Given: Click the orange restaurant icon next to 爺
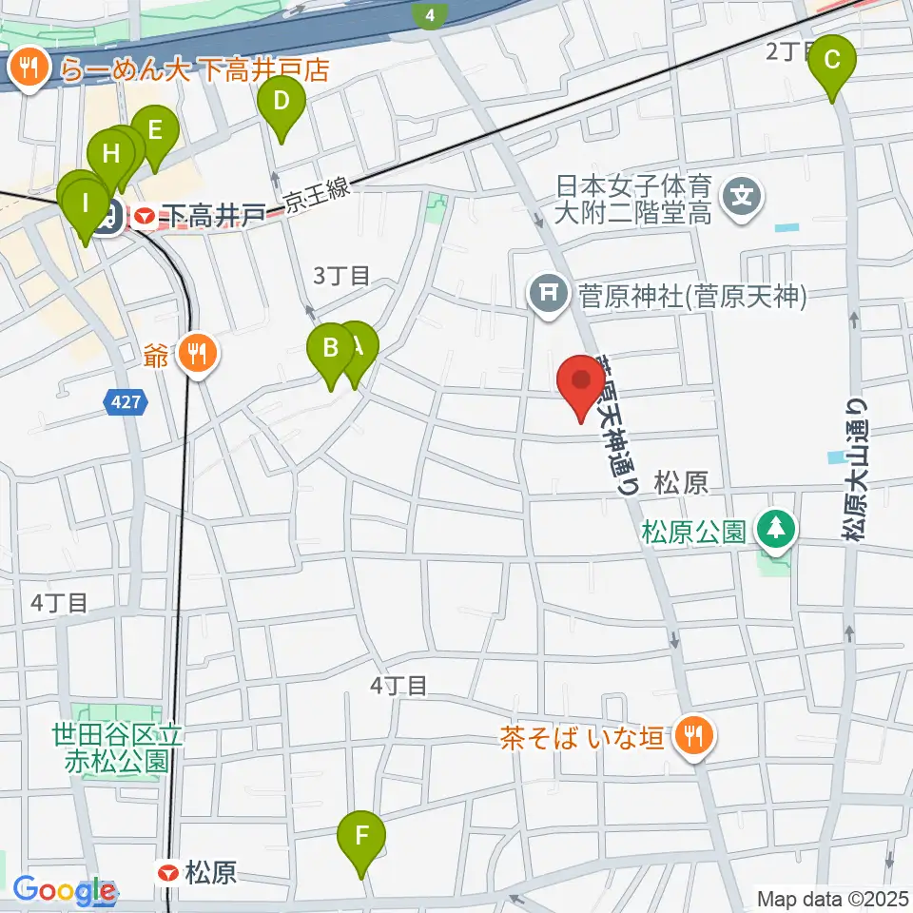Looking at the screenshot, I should (x=201, y=355).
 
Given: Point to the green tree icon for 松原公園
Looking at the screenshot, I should (x=777, y=528).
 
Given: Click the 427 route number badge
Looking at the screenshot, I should (x=126, y=403).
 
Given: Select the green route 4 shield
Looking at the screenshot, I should (x=432, y=14).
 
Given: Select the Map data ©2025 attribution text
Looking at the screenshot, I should (x=831, y=898).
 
